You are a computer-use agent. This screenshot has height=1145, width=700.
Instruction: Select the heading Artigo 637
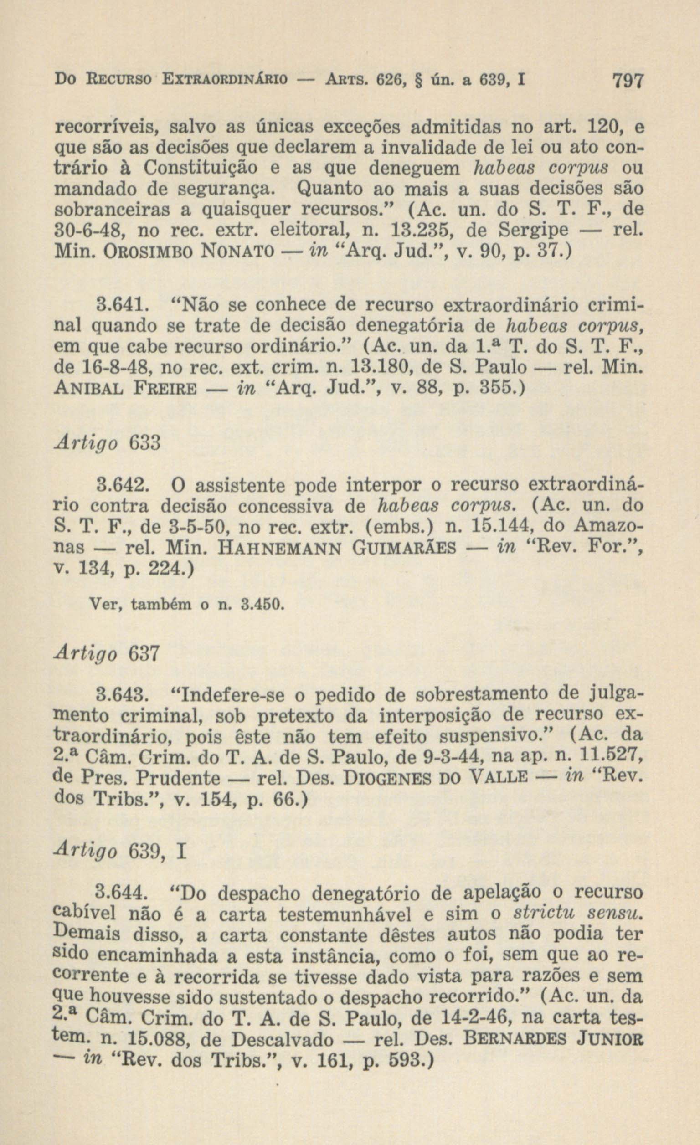point(108,654)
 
